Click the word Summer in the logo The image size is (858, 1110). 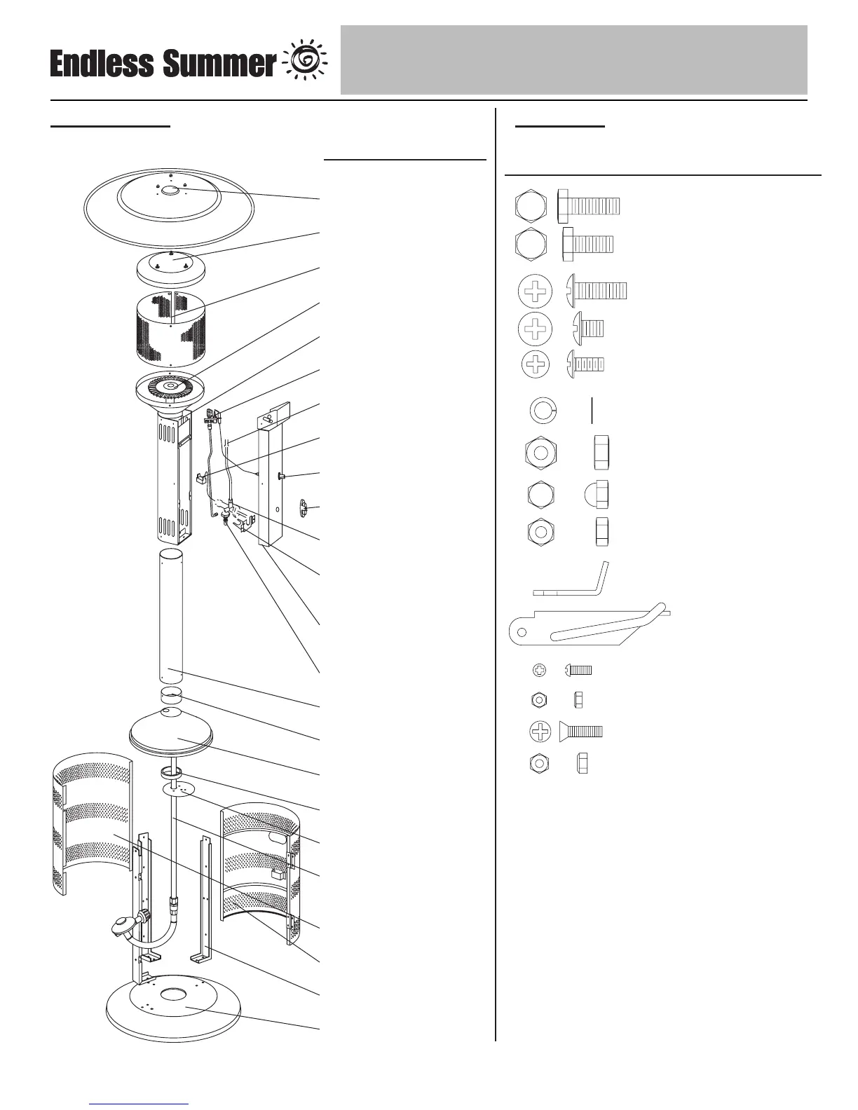[219, 64]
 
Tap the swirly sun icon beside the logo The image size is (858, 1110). [305, 62]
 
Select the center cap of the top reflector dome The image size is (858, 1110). [170, 190]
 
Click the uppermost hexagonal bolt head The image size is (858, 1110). [531, 206]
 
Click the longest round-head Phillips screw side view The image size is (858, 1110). [597, 289]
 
